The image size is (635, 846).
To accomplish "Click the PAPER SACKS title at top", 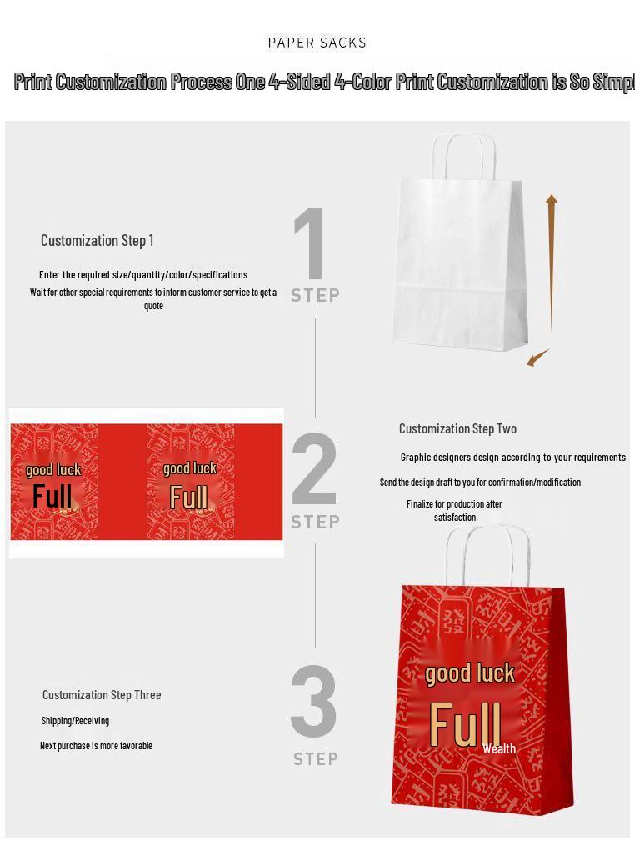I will tap(317, 43).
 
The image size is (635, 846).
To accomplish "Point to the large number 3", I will tap(314, 702).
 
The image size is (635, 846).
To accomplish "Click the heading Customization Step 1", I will tap(97, 241).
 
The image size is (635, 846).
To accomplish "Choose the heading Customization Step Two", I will tap(457, 428).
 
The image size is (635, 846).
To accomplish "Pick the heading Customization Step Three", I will tap(102, 695).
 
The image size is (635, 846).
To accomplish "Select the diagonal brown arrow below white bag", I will tap(537, 358).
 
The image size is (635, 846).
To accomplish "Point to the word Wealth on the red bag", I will tap(499, 749).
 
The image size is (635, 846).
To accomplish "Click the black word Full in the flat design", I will tap(52, 497).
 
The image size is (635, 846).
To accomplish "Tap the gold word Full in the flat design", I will tap(188, 498).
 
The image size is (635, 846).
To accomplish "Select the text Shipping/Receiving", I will tap(75, 721).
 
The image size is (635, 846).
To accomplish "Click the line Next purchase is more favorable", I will tap(96, 746).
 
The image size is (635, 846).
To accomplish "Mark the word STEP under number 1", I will tap(315, 295).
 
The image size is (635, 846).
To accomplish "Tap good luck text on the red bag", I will tap(470, 673).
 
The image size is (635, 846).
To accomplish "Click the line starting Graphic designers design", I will tap(512, 458).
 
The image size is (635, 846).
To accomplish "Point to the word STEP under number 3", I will tap(315, 759).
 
